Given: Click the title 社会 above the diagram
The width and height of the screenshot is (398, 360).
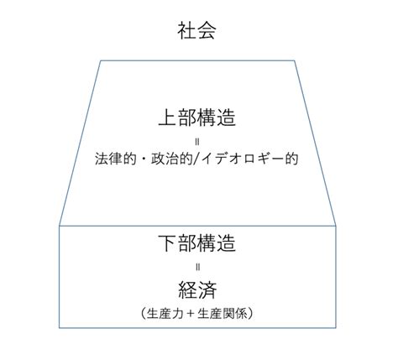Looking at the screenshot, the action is coord(196,30).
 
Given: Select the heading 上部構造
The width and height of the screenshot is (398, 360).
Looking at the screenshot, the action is coord(197,117).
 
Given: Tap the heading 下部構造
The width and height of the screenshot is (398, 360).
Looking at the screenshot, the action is coord(197,243).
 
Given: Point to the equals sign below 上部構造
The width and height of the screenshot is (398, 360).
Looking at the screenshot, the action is coord(197,142).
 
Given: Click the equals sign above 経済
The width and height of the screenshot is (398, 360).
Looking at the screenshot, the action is coord(197,267).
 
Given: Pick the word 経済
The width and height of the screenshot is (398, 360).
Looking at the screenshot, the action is coord(197,290).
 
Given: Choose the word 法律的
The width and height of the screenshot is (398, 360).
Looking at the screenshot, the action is coord(115,159).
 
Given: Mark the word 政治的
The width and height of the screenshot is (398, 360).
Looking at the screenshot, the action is coord(172,159).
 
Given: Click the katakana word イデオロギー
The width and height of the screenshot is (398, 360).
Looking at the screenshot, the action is coord(243,159).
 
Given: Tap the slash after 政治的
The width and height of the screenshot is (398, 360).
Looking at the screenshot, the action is coord(196,159).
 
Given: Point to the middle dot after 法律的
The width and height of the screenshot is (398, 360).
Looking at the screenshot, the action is coord(144,159).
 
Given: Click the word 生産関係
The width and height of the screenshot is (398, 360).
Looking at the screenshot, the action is coord(223,314).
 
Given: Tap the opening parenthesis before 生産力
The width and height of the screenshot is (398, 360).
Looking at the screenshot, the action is coord(143,314).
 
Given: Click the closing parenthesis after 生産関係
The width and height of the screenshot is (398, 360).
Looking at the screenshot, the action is coord(251,314).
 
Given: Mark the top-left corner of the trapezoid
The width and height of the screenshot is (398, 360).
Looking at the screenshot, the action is coord(101,60).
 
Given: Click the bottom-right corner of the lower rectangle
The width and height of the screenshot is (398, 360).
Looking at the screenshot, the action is coord(336,327).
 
